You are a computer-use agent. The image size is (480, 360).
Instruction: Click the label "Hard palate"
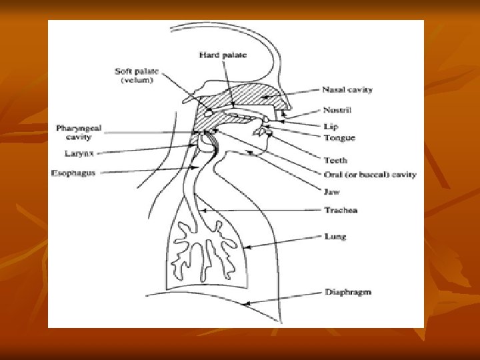click(x=223, y=55)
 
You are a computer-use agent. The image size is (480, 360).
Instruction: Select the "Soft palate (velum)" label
click(x=137, y=75)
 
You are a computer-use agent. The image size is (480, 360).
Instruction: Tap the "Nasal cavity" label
click(x=347, y=89)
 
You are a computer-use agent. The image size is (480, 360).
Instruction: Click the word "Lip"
click(x=331, y=126)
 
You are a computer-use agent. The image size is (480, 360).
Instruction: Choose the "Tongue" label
click(x=339, y=138)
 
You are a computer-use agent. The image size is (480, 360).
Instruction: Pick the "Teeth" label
click(x=335, y=161)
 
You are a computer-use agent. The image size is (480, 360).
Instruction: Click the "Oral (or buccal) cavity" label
click(x=370, y=175)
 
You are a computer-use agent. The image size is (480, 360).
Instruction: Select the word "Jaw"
click(x=331, y=192)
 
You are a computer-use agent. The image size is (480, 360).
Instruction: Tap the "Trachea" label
click(x=341, y=210)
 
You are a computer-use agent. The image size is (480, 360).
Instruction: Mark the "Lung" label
click(x=335, y=237)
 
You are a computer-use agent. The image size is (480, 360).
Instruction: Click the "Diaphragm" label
click(x=348, y=292)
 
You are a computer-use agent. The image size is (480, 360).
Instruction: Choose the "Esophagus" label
click(x=73, y=173)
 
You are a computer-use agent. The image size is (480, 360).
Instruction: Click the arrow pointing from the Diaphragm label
click(x=283, y=299)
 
